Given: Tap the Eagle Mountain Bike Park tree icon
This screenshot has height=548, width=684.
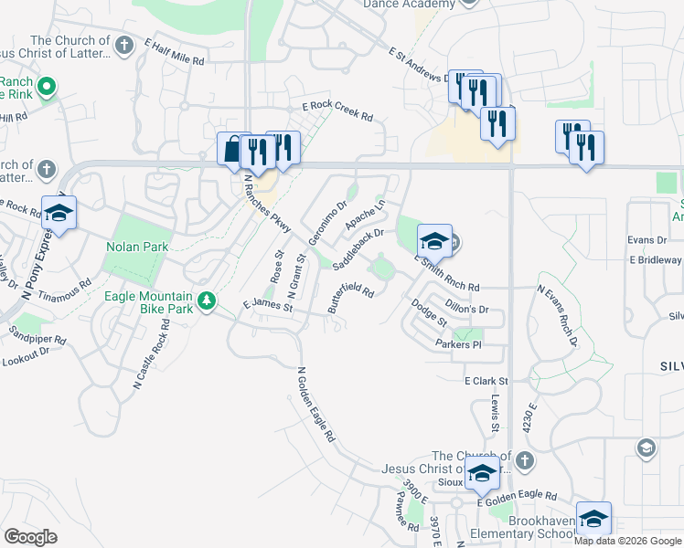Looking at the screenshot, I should pyautogui.click(x=208, y=300).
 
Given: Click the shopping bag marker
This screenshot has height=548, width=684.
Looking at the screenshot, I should pyautogui.click(x=230, y=148).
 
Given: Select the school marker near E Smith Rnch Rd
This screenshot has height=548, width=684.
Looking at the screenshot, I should pyautogui.click(x=434, y=240).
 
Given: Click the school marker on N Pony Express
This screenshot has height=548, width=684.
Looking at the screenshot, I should pyautogui.click(x=59, y=213).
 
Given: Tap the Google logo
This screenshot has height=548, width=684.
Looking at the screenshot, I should pyautogui.click(x=30, y=536).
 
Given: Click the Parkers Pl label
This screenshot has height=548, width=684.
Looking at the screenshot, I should pyautogui.click(x=458, y=344).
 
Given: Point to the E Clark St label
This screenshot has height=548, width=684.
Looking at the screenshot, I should pyautogui.click(x=486, y=380).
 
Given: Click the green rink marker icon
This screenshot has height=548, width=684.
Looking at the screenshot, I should pyautogui.click(x=45, y=88).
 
